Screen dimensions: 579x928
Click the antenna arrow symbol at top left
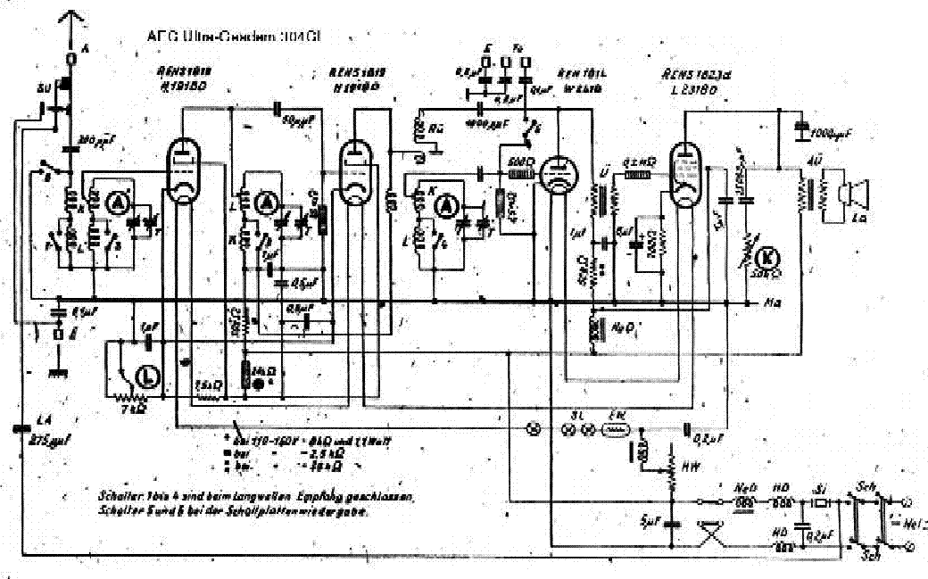point(72,20)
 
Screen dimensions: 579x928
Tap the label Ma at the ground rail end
point(774,303)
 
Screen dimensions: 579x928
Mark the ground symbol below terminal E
point(60,369)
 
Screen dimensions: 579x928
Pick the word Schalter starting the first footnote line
point(118,493)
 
